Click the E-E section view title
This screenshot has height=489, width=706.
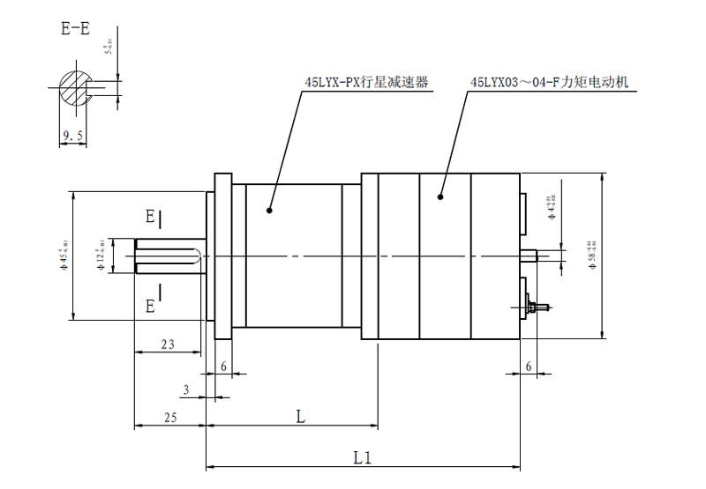(75, 28)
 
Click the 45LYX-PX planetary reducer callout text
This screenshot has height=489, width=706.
(365, 83)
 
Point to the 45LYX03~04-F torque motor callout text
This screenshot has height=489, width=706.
(549, 83)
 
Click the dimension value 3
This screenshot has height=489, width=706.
(186, 389)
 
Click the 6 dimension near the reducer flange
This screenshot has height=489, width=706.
(224, 366)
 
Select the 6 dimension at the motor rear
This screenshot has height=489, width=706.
(528, 366)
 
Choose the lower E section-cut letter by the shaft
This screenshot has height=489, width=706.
(150, 306)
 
